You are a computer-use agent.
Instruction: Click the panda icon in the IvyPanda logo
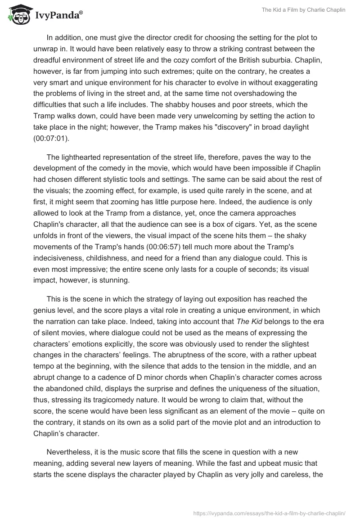pos(18,15)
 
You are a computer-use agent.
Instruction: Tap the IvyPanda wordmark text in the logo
pos(57,17)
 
